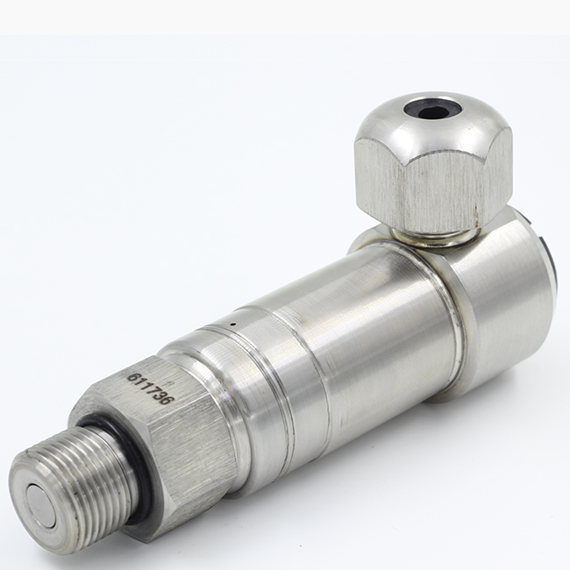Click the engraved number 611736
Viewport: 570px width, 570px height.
point(151,388)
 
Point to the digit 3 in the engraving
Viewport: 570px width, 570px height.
point(161,395)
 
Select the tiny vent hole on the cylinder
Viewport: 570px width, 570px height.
point(234,324)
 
